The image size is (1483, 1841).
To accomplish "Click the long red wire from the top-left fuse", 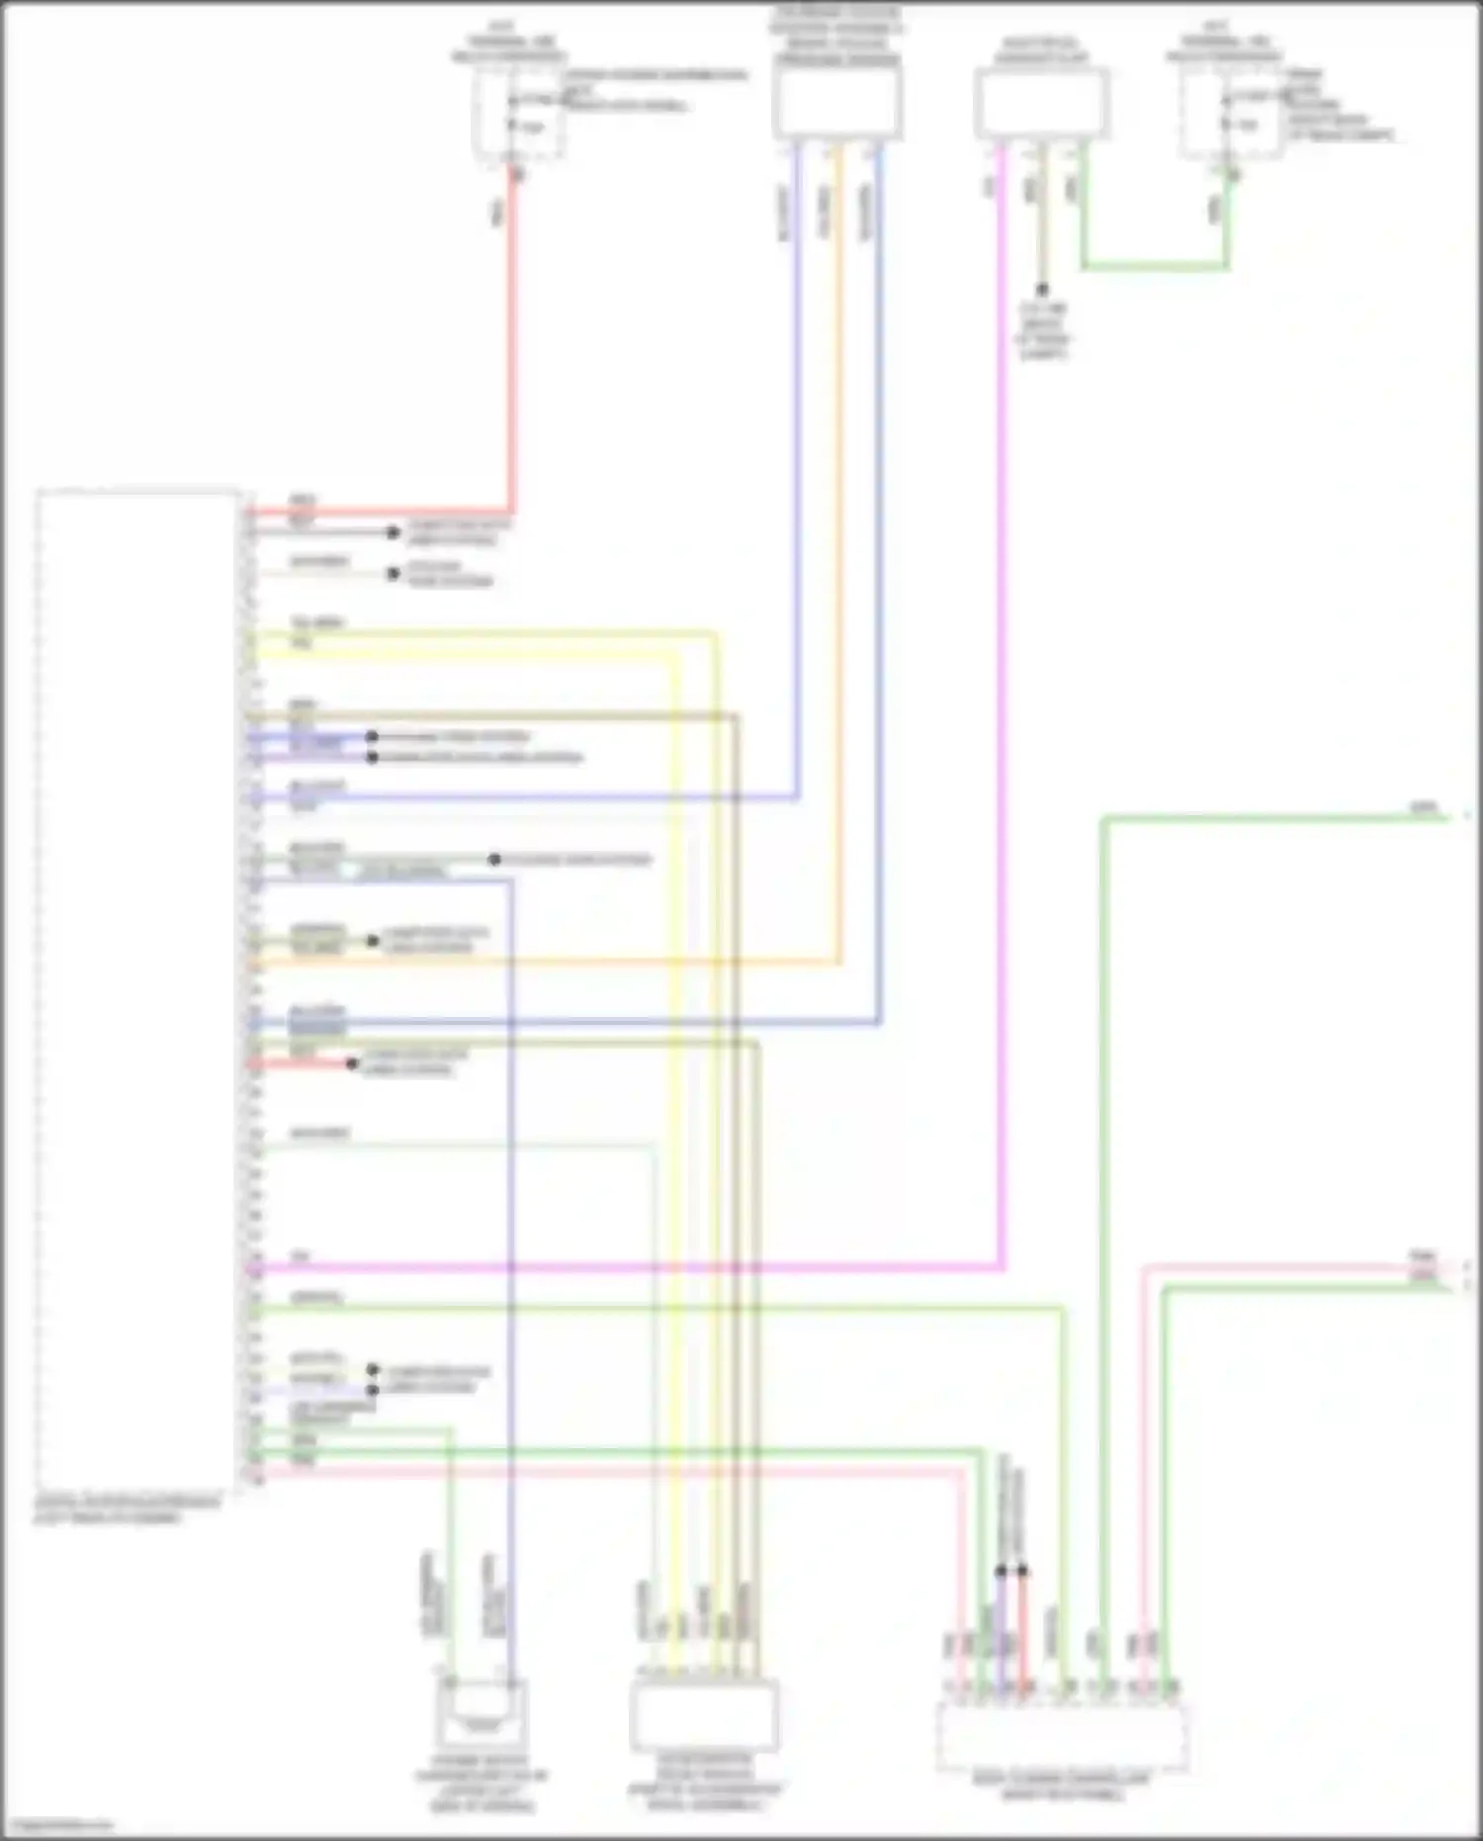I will pyautogui.click(x=512, y=346).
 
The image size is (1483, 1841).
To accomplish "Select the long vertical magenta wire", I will pyautogui.click(x=1002, y=692).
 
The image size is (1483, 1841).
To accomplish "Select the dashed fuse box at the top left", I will pyautogui.click(x=519, y=114).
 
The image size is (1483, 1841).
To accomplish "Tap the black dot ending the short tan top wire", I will pyautogui.click(x=1041, y=290).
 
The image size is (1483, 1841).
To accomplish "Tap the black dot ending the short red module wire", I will pyautogui.click(x=352, y=1064).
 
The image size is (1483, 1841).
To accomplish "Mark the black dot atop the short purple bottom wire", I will pyautogui.click(x=1002, y=1571).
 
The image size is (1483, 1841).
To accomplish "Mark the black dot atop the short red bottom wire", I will pyautogui.click(x=1022, y=1571).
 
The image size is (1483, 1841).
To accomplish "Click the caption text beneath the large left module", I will pyautogui.click(x=127, y=1510).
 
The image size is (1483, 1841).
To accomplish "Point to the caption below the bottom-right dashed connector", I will pyautogui.click(x=1061, y=1786).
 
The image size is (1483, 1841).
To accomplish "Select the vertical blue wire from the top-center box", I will pyautogui.click(x=879, y=594).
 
